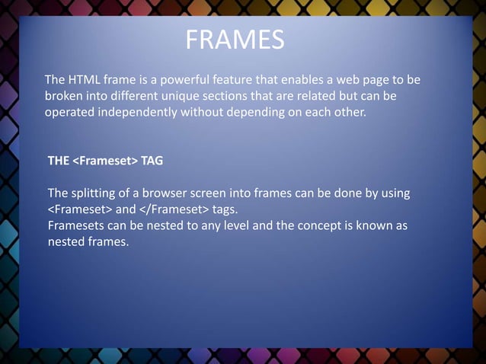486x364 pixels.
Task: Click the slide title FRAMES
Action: click(x=235, y=40)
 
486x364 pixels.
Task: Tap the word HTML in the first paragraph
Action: click(x=85, y=81)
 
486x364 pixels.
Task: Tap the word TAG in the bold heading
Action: click(x=152, y=161)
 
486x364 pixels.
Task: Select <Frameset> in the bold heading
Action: click(x=105, y=161)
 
